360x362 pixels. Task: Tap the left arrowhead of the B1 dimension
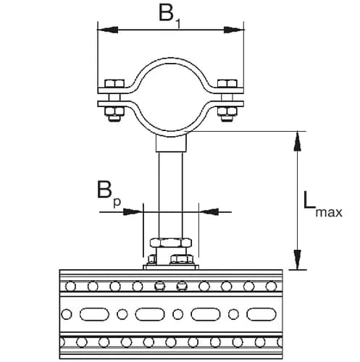104,30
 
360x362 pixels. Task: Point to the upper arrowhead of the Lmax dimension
296,139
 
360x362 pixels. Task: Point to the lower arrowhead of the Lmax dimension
296,260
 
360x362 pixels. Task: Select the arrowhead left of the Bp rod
137,211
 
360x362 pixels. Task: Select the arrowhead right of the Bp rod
206,211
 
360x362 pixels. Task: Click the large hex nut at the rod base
171,243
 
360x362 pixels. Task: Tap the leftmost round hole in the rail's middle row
67,315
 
